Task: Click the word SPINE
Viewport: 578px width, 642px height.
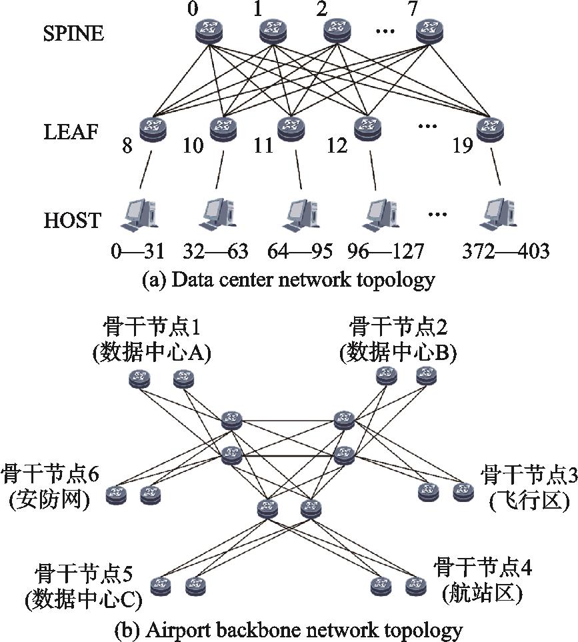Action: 74,33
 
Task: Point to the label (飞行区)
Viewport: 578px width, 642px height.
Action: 529,501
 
